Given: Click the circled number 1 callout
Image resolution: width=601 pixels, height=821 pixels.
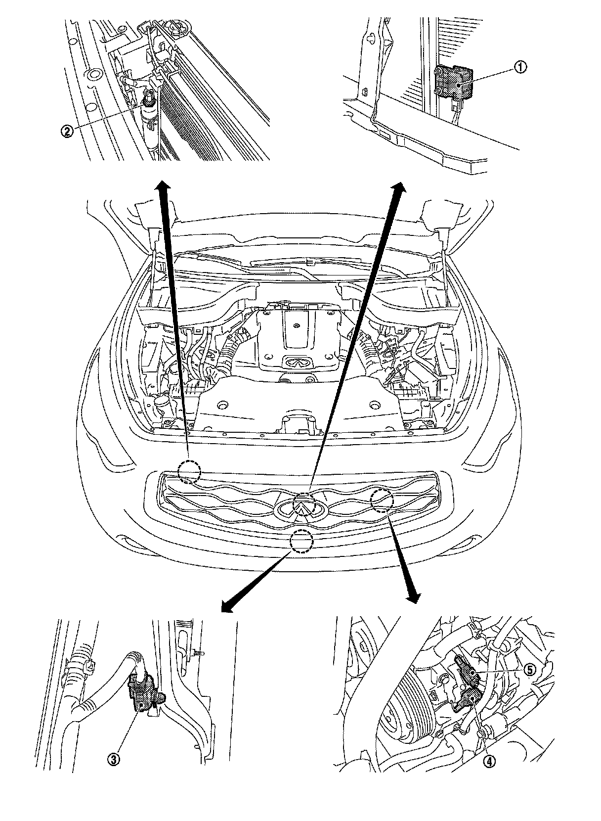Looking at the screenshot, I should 521,68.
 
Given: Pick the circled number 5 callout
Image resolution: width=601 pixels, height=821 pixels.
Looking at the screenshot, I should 529,670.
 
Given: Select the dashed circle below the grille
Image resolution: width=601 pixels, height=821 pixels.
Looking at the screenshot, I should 301,541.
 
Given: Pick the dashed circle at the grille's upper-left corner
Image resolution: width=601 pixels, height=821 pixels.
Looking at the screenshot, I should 189,472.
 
